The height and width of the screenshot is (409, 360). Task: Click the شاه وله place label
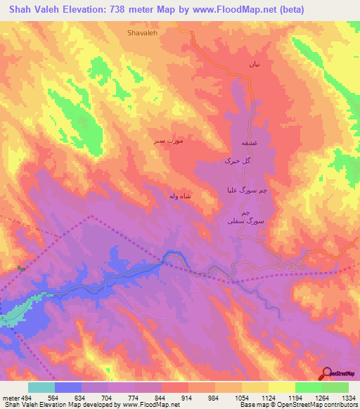180,196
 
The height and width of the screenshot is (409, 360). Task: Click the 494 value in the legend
25,398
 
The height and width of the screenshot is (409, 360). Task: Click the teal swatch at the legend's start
41,387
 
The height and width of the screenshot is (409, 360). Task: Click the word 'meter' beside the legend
9,398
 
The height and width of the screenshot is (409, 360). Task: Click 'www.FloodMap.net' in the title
222,9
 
